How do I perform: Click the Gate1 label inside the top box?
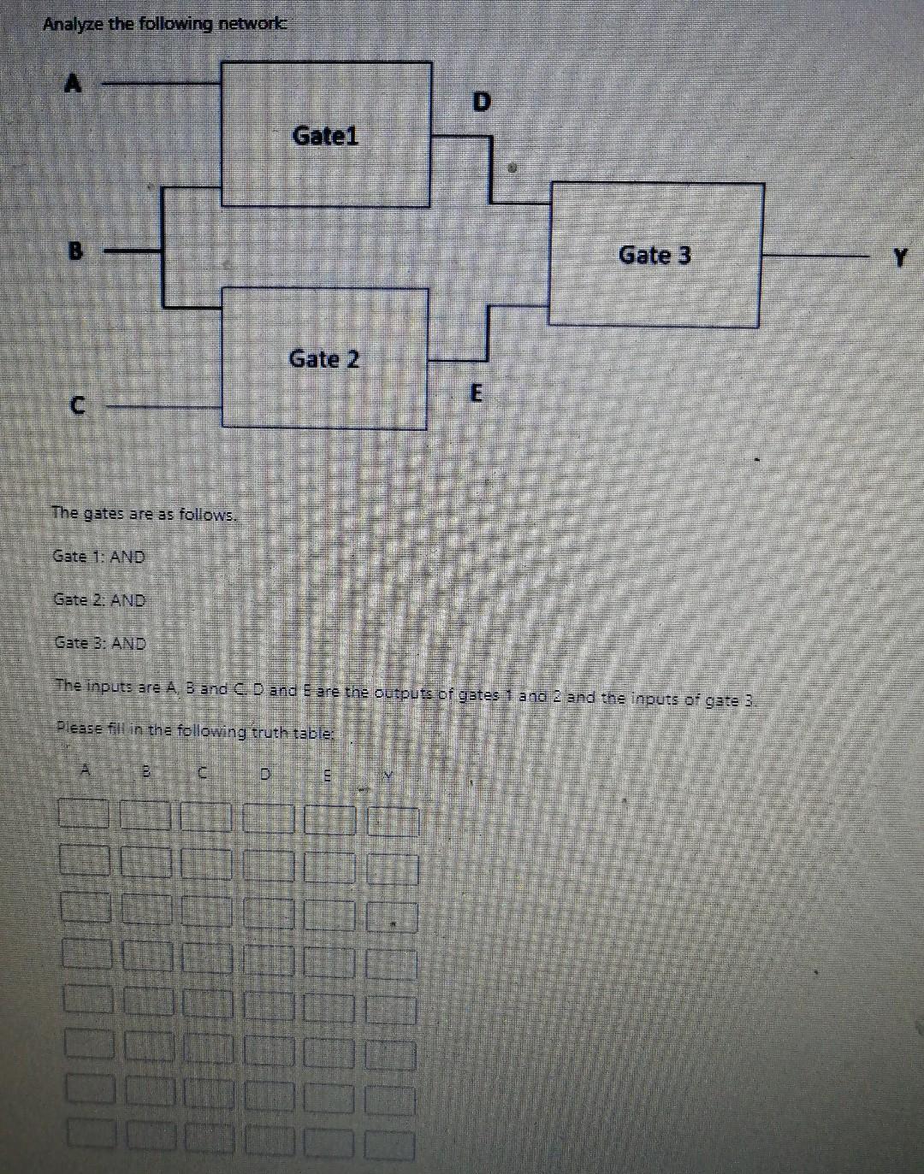(325, 136)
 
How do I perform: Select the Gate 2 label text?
(324, 359)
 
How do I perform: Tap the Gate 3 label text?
(654, 255)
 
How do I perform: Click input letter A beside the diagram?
(75, 84)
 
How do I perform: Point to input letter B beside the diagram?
(76, 251)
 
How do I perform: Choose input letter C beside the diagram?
(77, 407)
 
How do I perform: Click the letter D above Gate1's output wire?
(482, 103)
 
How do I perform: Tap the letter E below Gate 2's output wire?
(477, 394)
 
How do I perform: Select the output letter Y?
(898, 256)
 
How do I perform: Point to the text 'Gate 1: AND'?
(99, 557)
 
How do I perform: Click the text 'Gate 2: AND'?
(99, 600)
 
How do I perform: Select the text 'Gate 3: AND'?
(100, 643)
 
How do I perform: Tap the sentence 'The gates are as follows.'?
(144, 514)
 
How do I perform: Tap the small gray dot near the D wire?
(512, 169)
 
